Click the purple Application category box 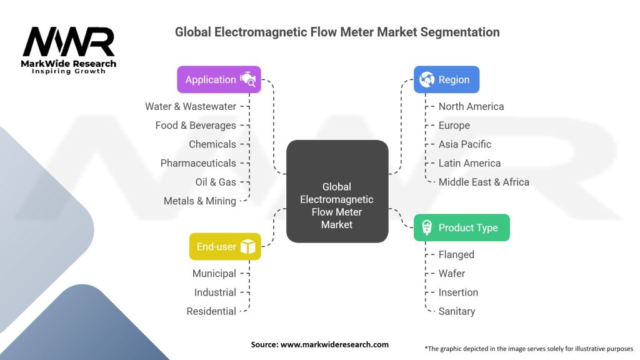coord(219,79)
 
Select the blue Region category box coord(446,79)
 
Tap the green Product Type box coord(461,227)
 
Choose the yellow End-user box coord(225,246)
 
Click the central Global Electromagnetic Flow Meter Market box coord(337,191)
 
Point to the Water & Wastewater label coord(191,106)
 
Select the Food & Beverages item coord(196,125)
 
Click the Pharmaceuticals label coord(198,163)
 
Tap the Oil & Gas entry coord(216,182)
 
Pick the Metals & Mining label coord(200,201)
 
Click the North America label coord(471,106)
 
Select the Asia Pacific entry coord(465,144)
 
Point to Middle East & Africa coord(484,182)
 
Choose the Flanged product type coord(456,254)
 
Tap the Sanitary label coord(456,311)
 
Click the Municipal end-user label coord(214,273)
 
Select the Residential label coord(211,311)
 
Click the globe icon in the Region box coord(427,79)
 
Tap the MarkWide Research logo coord(69,50)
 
